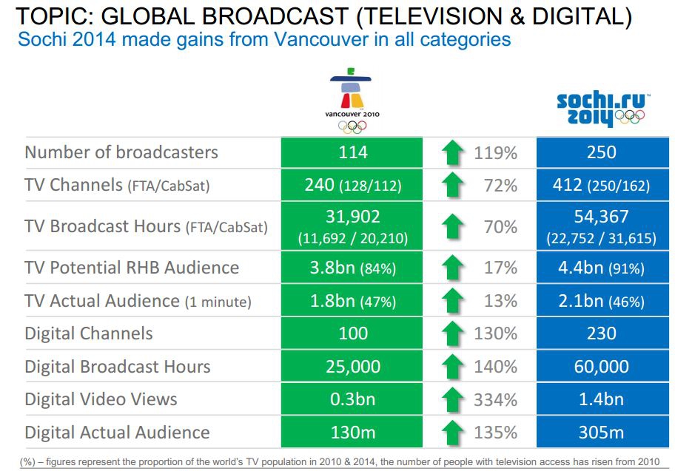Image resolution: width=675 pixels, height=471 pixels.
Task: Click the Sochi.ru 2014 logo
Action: (600, 109)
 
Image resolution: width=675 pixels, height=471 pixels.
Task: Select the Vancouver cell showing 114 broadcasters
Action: (353, 152)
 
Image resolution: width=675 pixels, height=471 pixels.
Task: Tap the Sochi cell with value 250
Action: (601, 152)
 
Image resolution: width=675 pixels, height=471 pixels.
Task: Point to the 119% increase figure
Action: (495, 152)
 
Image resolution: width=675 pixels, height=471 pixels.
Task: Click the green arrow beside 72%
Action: (452, 185)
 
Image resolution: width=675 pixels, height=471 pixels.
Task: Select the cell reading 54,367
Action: (601, 217)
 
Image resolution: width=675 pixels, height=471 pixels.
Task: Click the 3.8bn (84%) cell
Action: (353, 268)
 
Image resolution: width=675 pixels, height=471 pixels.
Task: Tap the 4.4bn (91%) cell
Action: (601, 268)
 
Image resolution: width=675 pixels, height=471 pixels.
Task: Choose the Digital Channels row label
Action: (89, 333)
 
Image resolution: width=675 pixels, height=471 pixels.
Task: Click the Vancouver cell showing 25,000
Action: (353, 367)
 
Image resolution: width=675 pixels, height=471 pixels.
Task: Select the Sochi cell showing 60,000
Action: (601, 367)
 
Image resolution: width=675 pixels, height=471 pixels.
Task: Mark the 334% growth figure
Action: (495, 400)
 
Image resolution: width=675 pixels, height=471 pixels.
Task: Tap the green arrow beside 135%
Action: (452, 433)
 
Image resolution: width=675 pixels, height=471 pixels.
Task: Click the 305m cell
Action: (601, 433)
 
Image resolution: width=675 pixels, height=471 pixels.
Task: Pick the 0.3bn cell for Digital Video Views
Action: (353, 400)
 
